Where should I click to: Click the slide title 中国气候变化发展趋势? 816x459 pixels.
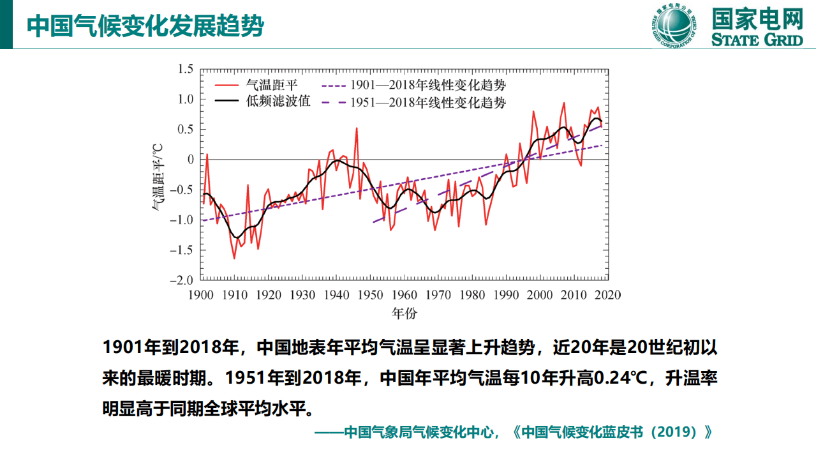pos(146,26)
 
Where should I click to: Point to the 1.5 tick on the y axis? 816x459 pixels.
pos(185,69)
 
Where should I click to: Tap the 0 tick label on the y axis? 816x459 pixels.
pos(189,160)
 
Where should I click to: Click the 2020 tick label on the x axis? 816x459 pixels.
pos(607,295)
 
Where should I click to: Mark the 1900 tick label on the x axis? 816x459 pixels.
pos(201,295)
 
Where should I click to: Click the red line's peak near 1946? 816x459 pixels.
pos(357,128)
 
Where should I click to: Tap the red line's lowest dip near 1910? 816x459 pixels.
pos(234,258)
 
